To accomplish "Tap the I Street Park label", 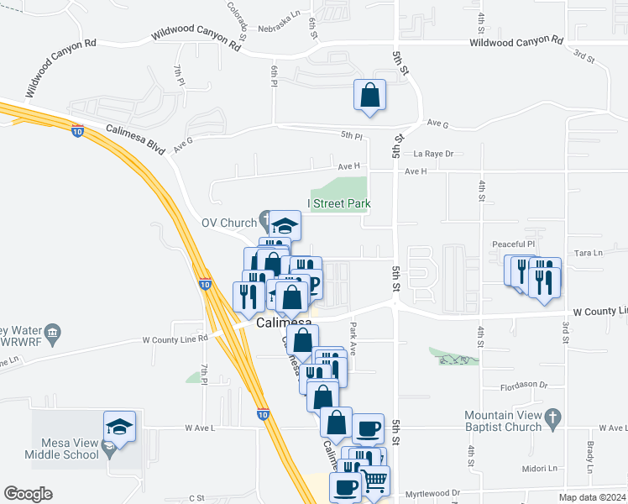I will point(339,203).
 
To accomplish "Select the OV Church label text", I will point(228,223).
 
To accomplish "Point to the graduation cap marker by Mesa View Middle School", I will point(119,427).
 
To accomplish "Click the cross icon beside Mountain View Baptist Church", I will point(552,416).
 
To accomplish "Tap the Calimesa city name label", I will point(283,323).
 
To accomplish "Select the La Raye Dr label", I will point(433,154).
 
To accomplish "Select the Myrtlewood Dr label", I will point(432,493).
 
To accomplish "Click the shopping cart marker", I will point(374,480).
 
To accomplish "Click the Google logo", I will point(28,494).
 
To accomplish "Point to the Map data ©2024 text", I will point(593,496).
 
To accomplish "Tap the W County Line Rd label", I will point(175,340).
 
